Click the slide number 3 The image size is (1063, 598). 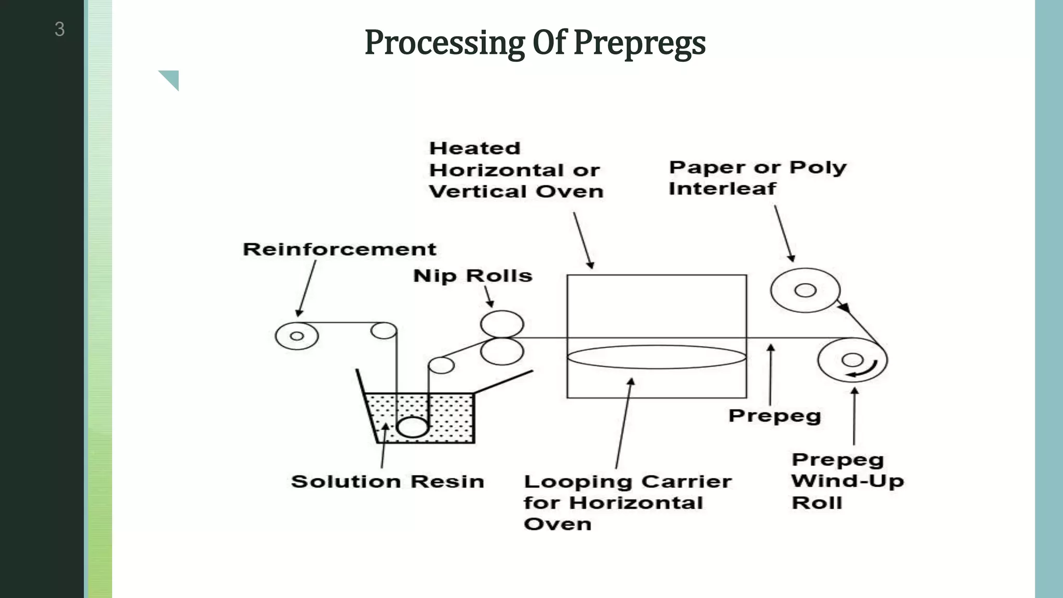point(60,29)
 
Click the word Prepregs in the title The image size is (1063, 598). point(639,43)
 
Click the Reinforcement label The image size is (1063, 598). point(339,249)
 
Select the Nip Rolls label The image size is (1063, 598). point(472,276)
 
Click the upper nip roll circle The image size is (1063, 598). point(502,324)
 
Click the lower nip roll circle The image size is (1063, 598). point(502,351)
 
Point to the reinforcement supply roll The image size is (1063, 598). point(296,336)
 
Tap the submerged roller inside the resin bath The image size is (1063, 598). point(412,427)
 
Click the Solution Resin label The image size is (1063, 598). point(387,481)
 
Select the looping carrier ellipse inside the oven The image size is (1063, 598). point(657,357)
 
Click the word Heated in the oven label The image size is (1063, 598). point(474,148)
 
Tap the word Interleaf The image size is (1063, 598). point(722,188)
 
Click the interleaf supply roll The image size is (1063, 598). point(805,290)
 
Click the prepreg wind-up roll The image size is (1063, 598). point(852,360)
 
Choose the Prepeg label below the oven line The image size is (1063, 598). point(774,416)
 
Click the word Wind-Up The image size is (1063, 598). point(847,481)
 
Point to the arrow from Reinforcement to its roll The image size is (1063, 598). point(307,289)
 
